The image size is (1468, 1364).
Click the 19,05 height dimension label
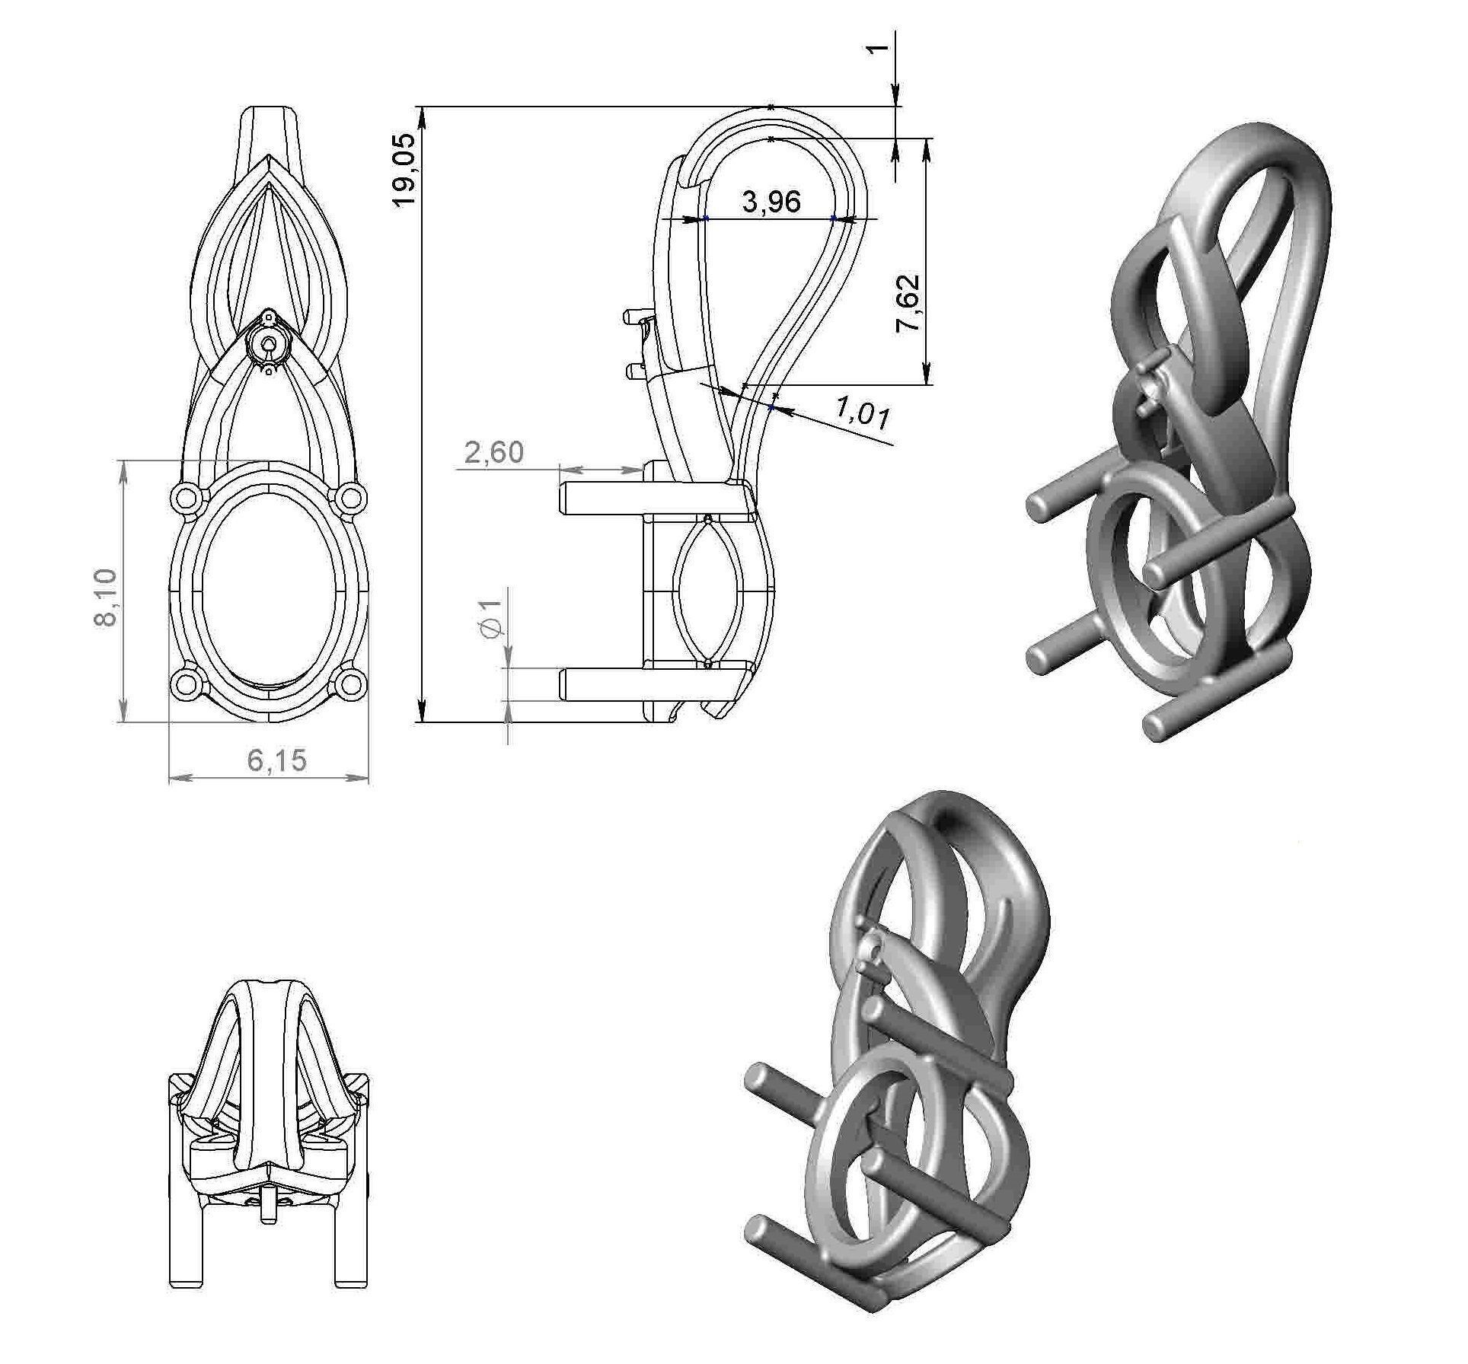(403, 169)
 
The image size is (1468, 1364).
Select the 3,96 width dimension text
(771, 202)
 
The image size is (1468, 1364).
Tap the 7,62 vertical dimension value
(908, 302)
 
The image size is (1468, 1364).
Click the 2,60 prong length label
(494, 453)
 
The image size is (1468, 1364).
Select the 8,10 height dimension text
(106, 597)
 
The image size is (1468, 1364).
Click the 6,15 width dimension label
(276, 760)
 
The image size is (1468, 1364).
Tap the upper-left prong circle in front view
(185, 498)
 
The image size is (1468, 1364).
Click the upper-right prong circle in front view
(349, 498)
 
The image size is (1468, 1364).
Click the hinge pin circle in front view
(267, 344)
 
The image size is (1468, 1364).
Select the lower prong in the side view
(609, 684)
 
